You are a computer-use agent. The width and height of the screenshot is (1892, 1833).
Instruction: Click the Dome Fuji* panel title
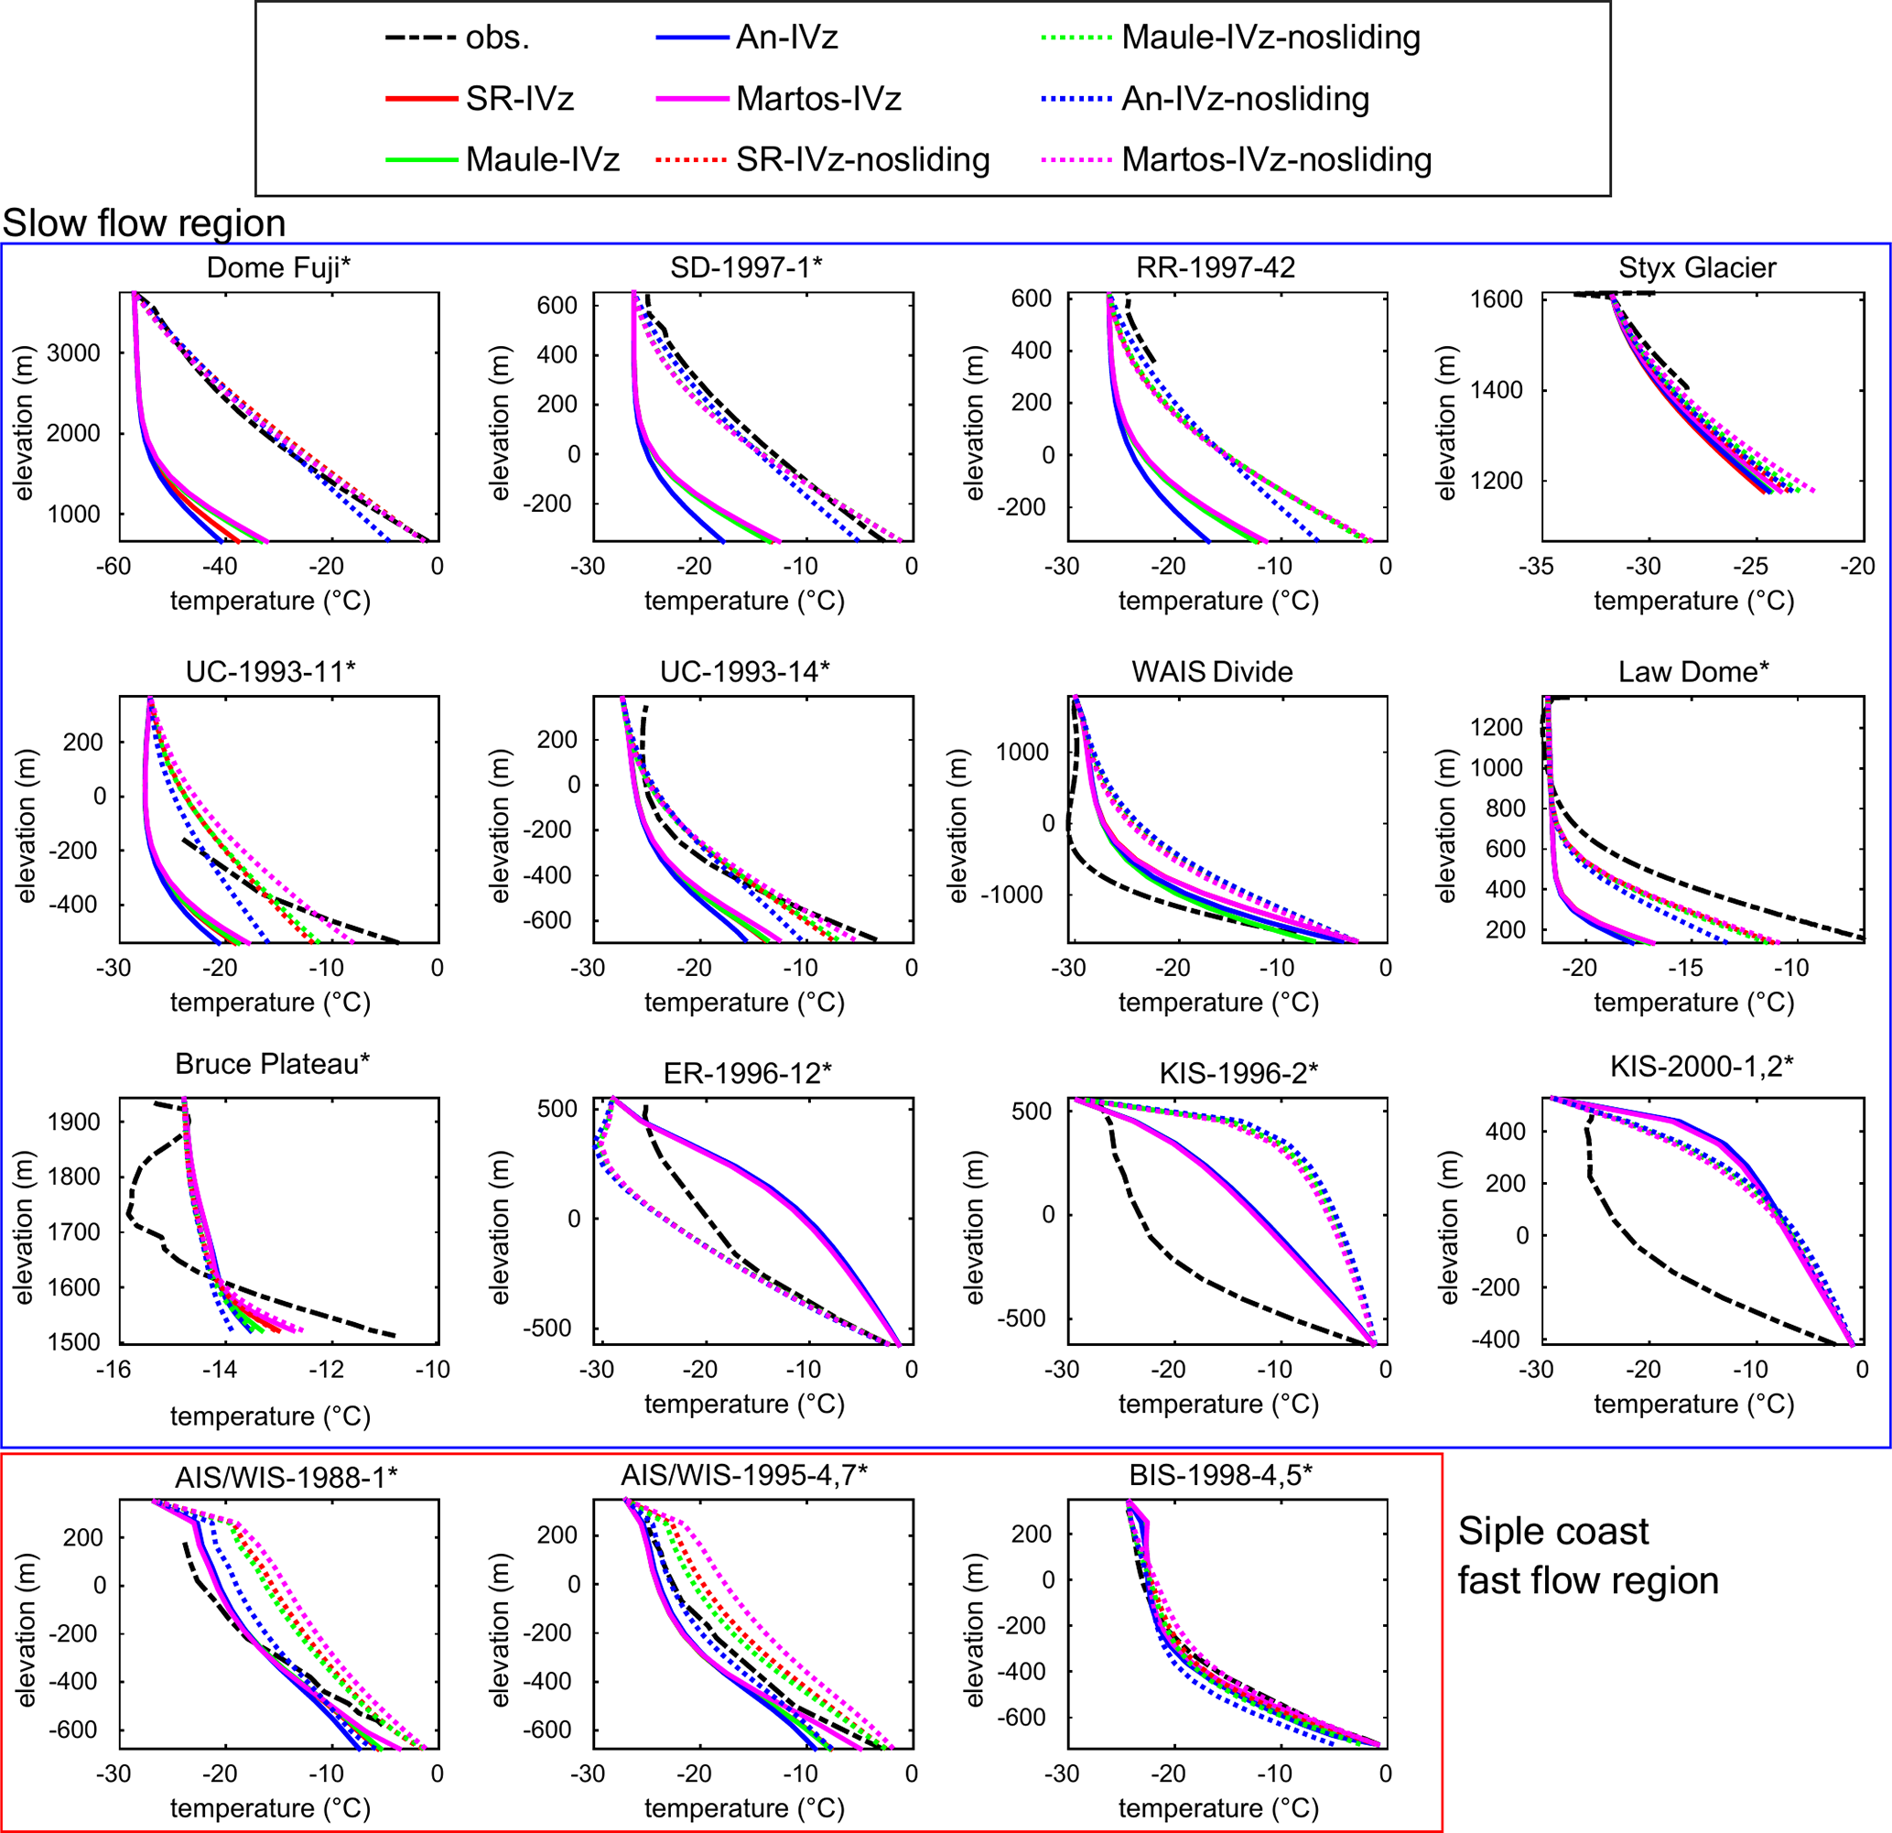click(x=278, y=267)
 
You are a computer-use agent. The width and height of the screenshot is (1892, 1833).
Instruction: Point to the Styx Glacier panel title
click(x=1697, y=267)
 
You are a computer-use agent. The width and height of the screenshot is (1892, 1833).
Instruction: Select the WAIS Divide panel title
click(x=1212, y=671)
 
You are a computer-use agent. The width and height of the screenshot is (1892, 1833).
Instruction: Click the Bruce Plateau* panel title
click(x=272, y=1063)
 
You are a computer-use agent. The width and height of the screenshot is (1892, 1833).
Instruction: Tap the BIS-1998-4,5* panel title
click(x=1220, y=1475)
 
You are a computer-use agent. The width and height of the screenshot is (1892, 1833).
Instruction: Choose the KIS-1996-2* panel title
click(x=1238, y=1073)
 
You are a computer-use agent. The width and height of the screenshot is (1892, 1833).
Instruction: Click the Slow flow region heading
click(x=144, y=223)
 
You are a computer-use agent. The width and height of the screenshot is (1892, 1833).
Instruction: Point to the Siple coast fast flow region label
click(x=1588, y=1556)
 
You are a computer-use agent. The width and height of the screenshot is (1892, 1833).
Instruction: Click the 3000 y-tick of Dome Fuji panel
click(x=73, y=353)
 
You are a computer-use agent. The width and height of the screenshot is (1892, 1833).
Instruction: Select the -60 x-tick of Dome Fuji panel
click(x=113, y=566)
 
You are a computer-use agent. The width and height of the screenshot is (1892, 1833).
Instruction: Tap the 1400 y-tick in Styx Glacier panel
click(x=1497, y=390)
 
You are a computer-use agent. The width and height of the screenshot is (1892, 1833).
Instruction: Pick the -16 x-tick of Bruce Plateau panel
click(x=113, y=1370)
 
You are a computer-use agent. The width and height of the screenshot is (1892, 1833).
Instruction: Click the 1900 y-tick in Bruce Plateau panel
click(x=73, y=1123)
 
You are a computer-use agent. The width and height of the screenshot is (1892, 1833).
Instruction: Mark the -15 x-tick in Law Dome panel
click(x=1685, y=968)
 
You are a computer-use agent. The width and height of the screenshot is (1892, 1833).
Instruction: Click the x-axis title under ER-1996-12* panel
click(x=744, y=1405)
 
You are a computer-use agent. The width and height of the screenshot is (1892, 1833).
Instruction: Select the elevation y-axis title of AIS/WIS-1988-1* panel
click(x=25, y=1630)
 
